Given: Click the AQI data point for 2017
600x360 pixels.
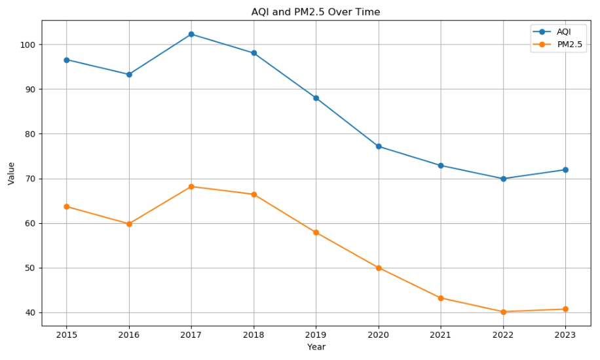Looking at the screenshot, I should pyautogui.click(x=191, y=34).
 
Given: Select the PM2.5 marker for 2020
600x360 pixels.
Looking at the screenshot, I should pyautogui.click(x=379, y=268).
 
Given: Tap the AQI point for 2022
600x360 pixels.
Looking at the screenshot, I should pyautogui.click(x=503, y=179).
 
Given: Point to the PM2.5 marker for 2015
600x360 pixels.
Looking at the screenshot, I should pyautogui.click(x=67, y=207).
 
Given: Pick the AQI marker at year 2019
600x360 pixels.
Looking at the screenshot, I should pyautogui.click(x=316, y=98).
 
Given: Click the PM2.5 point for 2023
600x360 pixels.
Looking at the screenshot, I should pyautogui.click(x=565, y=309).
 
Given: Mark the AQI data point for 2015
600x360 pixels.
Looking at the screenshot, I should pyautogui.click(x=67, y=60).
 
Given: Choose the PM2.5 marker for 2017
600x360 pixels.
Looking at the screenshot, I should pyautogui.click(x=191, y=187).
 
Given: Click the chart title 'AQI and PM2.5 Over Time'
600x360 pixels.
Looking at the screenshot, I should pyautogui.click(x=316, y=12).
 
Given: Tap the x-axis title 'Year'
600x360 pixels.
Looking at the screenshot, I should pyautogui.click(x=316, y=347).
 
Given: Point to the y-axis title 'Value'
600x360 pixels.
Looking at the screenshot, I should pyautogui.click(x=11, y=173).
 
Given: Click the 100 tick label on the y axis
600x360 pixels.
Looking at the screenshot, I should pyautogui.click(x=29, y=45).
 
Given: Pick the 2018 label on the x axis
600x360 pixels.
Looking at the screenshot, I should pyautogui.click(x=253, y=334).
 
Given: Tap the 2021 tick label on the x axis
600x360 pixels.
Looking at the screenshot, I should pyautogui.click(x=441, y=334).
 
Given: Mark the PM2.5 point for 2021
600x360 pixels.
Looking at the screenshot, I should pyautogui.click(x=441, y=298).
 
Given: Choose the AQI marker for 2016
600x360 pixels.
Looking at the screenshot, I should pyautogui.click(x=129, y=75).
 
